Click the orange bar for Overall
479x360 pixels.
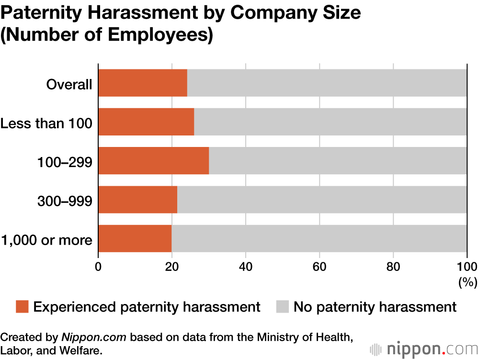[x=143, y=83]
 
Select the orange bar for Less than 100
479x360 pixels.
[x=146, y=122]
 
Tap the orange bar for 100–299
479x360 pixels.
[x=153, y=160]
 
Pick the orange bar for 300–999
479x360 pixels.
[x=137, y=200]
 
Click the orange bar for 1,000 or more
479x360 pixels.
[x=135, y=238]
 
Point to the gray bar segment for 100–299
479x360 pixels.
[x=338, y=160]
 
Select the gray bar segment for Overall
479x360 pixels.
[x=327, y=83]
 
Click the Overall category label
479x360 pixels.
[x=69, y=85]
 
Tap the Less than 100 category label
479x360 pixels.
[x=46, y=124]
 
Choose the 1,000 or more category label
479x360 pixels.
[x=46, y=240]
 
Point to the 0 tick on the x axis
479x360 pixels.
[x=98, y=267]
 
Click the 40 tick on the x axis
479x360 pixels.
[x=246, y=267]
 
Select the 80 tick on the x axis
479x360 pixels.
[x=393, y=267]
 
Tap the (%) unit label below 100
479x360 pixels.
[x=468, y=282]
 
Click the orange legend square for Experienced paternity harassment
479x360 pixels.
[x=23, y=307]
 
